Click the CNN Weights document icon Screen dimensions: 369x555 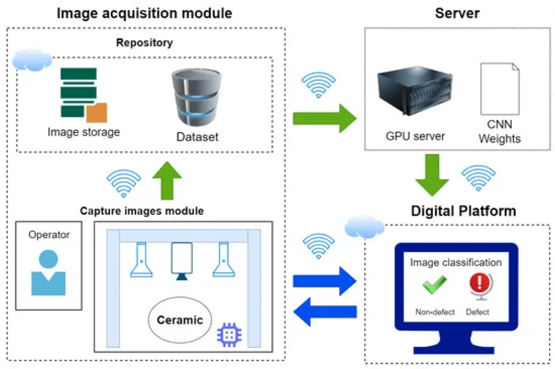499,88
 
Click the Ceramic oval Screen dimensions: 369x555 180,320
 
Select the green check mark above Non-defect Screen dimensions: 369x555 434,285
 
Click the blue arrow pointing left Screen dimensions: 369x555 325,312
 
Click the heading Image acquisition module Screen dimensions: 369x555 144,13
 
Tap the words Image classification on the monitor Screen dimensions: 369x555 456,263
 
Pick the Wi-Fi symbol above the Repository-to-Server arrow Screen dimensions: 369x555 318,84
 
